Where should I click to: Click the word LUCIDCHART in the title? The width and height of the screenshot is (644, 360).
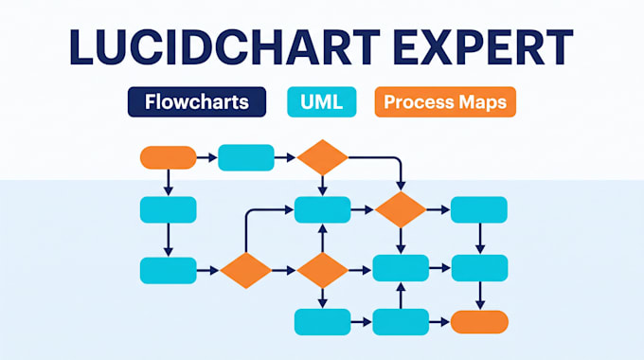tap(224, 46)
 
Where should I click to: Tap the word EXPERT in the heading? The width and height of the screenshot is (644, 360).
tap(483, 46)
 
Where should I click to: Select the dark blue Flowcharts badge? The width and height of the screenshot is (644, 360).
tap(197, 102)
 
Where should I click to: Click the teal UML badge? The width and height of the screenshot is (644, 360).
tap(322, 102)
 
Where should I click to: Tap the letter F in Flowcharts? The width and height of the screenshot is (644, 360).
tap(151, 101)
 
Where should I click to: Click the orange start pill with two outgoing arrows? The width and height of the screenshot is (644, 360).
tap(169, 157)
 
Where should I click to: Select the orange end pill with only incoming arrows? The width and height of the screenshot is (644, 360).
tap(479, 322)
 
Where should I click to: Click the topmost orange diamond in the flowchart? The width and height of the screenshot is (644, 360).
tap(322, 157)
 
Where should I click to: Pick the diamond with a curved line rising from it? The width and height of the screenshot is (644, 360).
tap(245, 270)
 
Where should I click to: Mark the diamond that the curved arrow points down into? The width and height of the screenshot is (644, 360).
tap(401, 209)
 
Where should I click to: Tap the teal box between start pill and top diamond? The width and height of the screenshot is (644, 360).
tap(246, 157)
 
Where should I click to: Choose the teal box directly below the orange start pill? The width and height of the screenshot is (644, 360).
tap(169, 209)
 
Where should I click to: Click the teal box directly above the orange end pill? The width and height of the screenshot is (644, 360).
tap(480, 268)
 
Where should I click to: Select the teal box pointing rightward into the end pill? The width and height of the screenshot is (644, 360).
tap(401, 322)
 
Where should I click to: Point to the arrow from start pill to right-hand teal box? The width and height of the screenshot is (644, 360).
tap(207, 157)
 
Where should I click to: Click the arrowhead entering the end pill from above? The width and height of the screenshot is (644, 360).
tap(480, 305)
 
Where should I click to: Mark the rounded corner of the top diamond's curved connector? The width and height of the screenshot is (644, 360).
tap(398, 160)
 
